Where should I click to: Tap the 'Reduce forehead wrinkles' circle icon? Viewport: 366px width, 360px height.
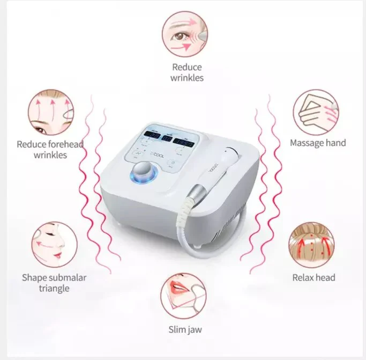click(x=50, y=113)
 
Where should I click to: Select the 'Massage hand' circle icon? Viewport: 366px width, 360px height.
click(x=315, y=112)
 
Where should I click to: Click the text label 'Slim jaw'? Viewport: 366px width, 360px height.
click(x=184, y=329)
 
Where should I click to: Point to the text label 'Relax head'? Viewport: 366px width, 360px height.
click(x=314, y=277)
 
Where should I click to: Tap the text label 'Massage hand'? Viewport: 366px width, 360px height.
click(x=318, y=143)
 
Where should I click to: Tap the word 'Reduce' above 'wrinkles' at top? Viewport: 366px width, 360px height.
click(x=187, y=67)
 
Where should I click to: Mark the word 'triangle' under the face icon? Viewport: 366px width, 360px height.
click(x=54, y=288)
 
